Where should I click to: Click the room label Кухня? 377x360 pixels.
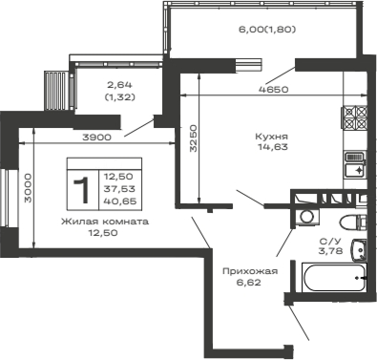(271, 136)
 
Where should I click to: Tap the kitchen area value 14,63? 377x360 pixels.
(271, 148)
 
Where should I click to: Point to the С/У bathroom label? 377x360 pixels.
(330, 242)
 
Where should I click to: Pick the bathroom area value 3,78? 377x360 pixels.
(330, 252)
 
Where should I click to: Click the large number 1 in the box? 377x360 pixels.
(83, 185)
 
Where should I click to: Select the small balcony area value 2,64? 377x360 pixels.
(120, 84)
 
